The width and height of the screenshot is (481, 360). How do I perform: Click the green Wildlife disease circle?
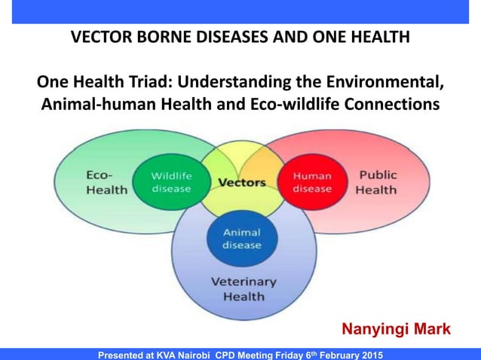171,182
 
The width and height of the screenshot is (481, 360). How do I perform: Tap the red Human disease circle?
312,182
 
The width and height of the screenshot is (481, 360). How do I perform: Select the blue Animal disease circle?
242,239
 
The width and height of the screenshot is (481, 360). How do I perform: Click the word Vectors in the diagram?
241,183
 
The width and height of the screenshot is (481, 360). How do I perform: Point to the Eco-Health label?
106,182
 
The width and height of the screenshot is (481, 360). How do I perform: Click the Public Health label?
377,182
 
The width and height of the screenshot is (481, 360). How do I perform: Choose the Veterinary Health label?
243,289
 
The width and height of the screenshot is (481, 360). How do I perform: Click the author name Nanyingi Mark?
396,329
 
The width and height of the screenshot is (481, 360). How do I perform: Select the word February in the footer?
329,354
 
